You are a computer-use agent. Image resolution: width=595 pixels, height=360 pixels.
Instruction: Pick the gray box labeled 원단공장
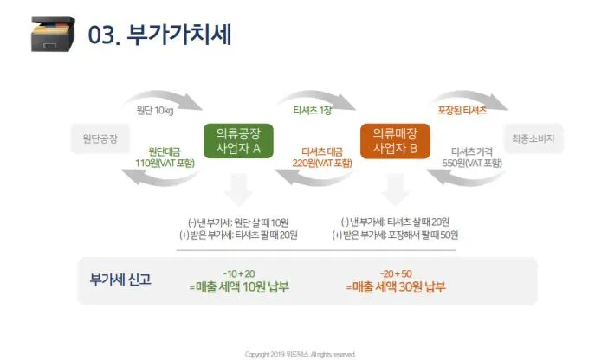point(100,138)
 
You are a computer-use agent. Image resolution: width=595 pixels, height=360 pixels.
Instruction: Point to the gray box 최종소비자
point(534,138)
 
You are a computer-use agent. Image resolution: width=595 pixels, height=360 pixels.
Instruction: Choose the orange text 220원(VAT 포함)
point(322,162)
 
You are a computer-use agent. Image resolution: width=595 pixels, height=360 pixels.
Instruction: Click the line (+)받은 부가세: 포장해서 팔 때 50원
point(395,235)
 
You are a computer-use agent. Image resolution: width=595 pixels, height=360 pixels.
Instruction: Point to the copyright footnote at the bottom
point(300,354)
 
